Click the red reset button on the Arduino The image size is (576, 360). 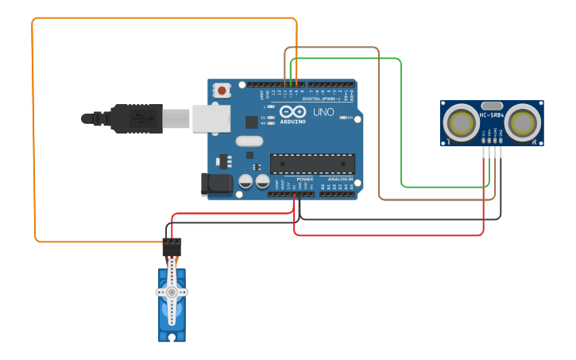(x=221, y=91)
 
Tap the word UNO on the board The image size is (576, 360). (x=323, y=112)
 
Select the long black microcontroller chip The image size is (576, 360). (x=312, y=164)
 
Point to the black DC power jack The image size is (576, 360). (x=216, y=184)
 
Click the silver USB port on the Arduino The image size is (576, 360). (x=211, y=118)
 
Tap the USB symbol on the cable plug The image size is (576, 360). (x=142, y=118)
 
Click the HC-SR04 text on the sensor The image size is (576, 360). (x=492, y=115)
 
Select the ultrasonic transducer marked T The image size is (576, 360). (x=461, y=123)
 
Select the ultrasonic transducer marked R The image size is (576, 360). (x=524, y=123)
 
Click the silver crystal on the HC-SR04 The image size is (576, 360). (x=492, y=105)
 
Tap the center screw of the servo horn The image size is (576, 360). (x=172, y=292)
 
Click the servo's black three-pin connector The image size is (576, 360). (x=172, y=246)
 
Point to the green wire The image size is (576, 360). (x=401, y=119)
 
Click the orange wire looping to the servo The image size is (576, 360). (x=33, y=127)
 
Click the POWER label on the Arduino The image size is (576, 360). (x=304, y=179)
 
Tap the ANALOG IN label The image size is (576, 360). (x=340, y=179)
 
